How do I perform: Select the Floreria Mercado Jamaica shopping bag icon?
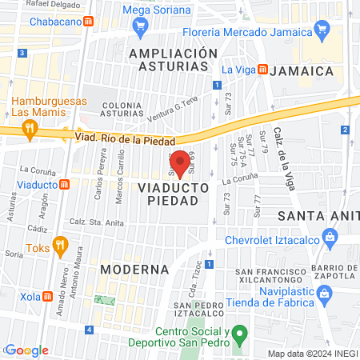322,32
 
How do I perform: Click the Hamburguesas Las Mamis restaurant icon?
30,127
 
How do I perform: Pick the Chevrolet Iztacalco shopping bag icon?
329,237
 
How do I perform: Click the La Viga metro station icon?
262,70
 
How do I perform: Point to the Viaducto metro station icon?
65,185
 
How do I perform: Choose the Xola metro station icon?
48,296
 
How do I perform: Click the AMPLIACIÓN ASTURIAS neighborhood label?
173,60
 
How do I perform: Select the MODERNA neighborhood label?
134,269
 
